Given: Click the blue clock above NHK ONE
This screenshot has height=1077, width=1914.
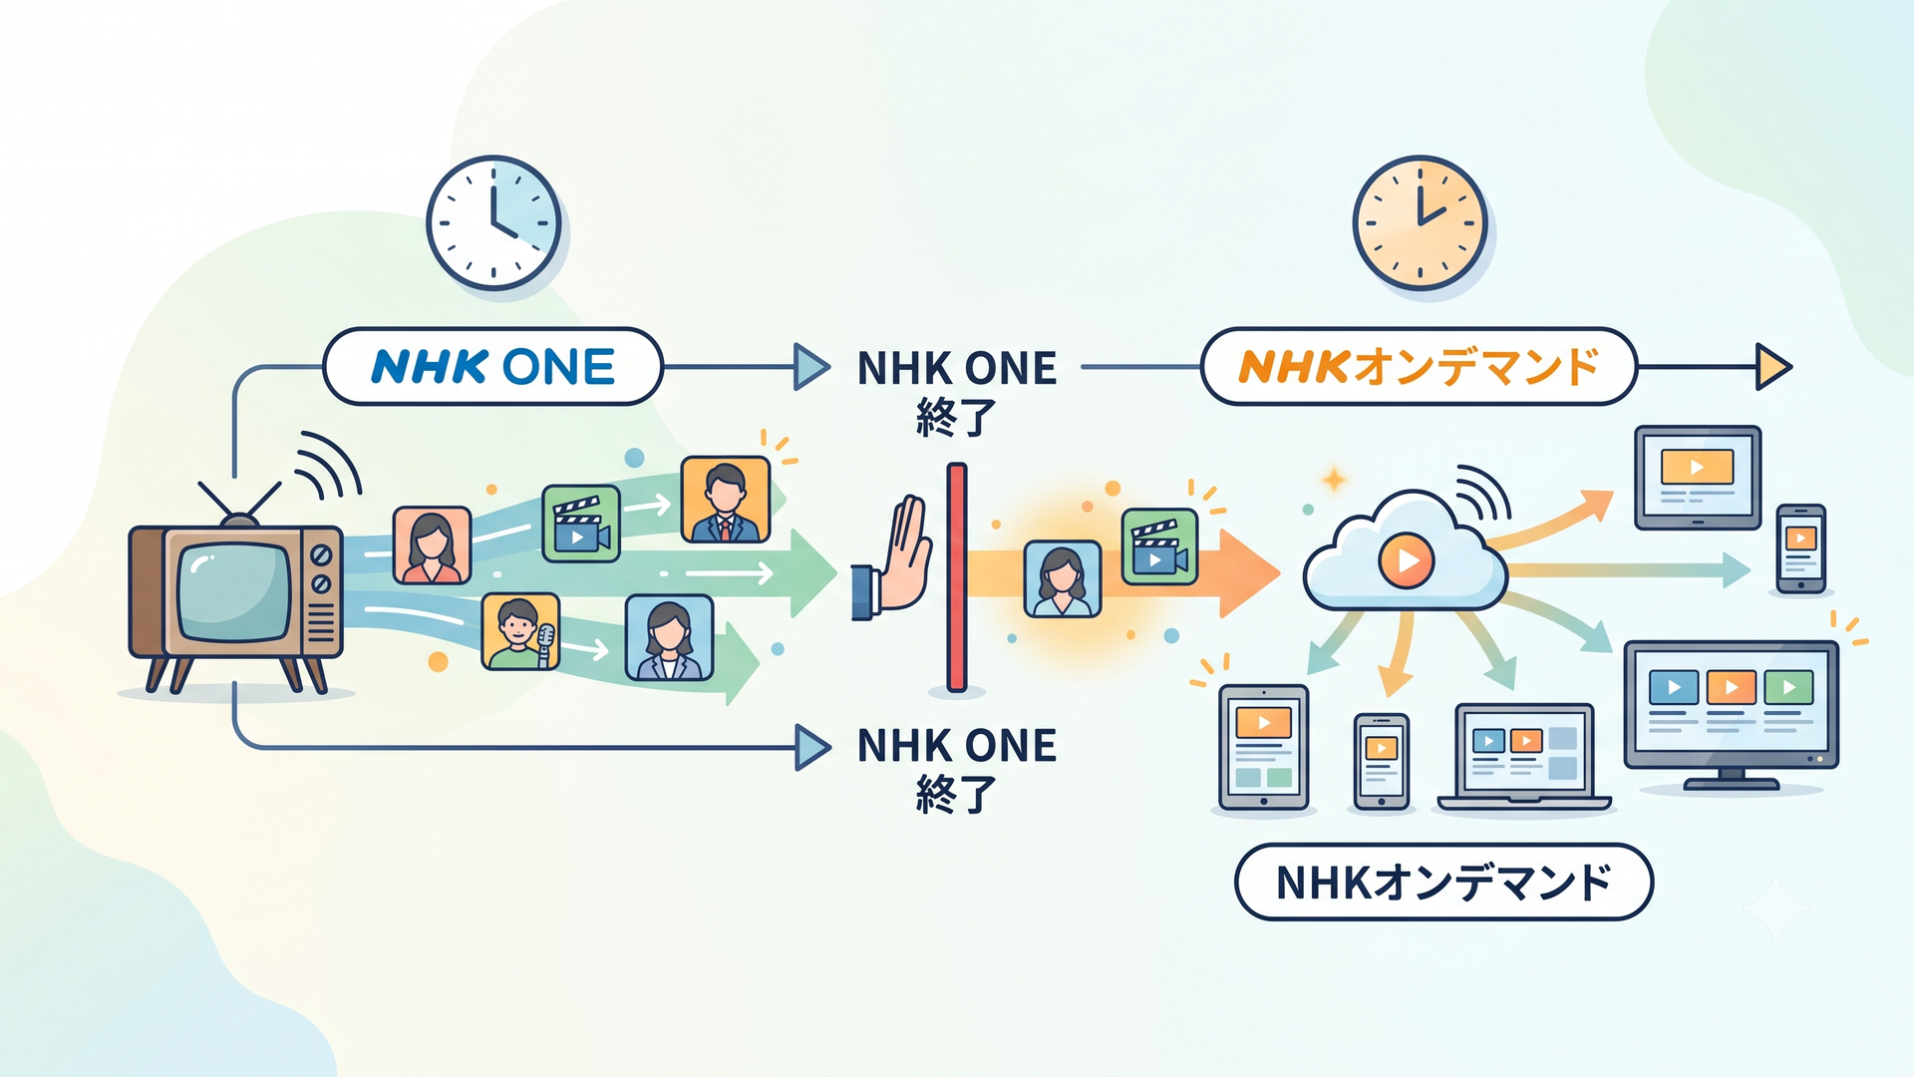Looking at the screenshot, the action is tap(493, 222).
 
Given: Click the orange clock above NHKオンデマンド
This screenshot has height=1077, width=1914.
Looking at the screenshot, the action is tap(1420, 222).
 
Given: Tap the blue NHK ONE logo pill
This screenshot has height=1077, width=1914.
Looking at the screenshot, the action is tap(493, 367).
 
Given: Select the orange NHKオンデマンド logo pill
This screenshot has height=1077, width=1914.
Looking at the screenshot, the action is tap(1419, 367).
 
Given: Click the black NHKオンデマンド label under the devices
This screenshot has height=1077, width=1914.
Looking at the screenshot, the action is tap(1443, 883).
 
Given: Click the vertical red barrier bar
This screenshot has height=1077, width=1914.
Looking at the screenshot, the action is tap(957, 577).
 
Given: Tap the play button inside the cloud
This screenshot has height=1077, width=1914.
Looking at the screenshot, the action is tap(1407, 560).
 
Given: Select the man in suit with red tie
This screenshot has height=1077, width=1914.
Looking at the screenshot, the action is tap(726, 500).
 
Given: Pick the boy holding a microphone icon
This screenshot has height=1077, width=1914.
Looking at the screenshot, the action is tap(520, 631).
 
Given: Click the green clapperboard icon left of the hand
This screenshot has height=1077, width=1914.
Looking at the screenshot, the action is tap(581, 524).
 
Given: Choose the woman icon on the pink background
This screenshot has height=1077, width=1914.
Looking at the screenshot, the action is tap(432, 544).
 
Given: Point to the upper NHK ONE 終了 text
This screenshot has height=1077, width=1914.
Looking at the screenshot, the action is tap(957, 392).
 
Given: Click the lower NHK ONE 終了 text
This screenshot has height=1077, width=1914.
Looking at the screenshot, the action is tap(957, 769).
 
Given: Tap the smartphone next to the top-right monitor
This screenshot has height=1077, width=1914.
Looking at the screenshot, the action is tap(1801, 548).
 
